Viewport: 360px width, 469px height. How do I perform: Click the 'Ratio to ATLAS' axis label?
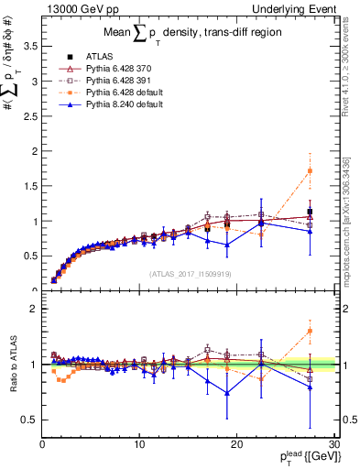pos(13,365)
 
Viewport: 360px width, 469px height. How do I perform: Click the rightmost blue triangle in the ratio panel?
pos(310,387)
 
